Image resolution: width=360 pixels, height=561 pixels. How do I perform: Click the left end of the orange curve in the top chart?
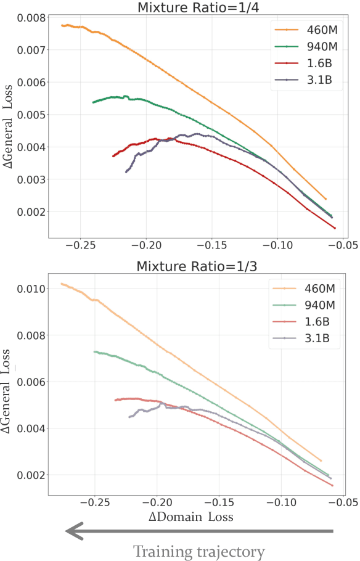[x=62, y=25]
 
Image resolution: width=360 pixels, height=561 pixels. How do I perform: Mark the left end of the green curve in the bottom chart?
[x=94, y=351]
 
